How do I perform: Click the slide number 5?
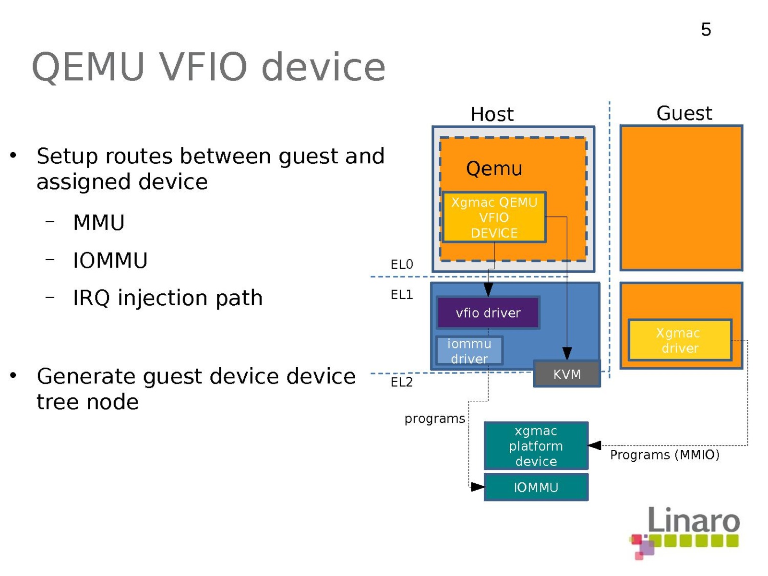706,30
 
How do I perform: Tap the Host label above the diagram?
492,114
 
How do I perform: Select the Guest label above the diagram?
684,114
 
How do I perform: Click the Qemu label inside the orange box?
494,169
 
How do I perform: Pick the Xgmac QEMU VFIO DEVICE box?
494,217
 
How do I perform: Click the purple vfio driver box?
488,313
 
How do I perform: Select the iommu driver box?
469,351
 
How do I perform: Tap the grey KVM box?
567,374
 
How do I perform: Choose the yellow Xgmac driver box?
680,340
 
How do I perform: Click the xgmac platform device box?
536,446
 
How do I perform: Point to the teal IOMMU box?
536,487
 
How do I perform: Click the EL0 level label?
402,264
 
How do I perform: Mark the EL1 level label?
402,295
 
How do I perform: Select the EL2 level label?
402,382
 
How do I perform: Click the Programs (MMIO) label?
665,455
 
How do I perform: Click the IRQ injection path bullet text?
168,298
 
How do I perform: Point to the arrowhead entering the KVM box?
567,354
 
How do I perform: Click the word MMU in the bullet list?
99,223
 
